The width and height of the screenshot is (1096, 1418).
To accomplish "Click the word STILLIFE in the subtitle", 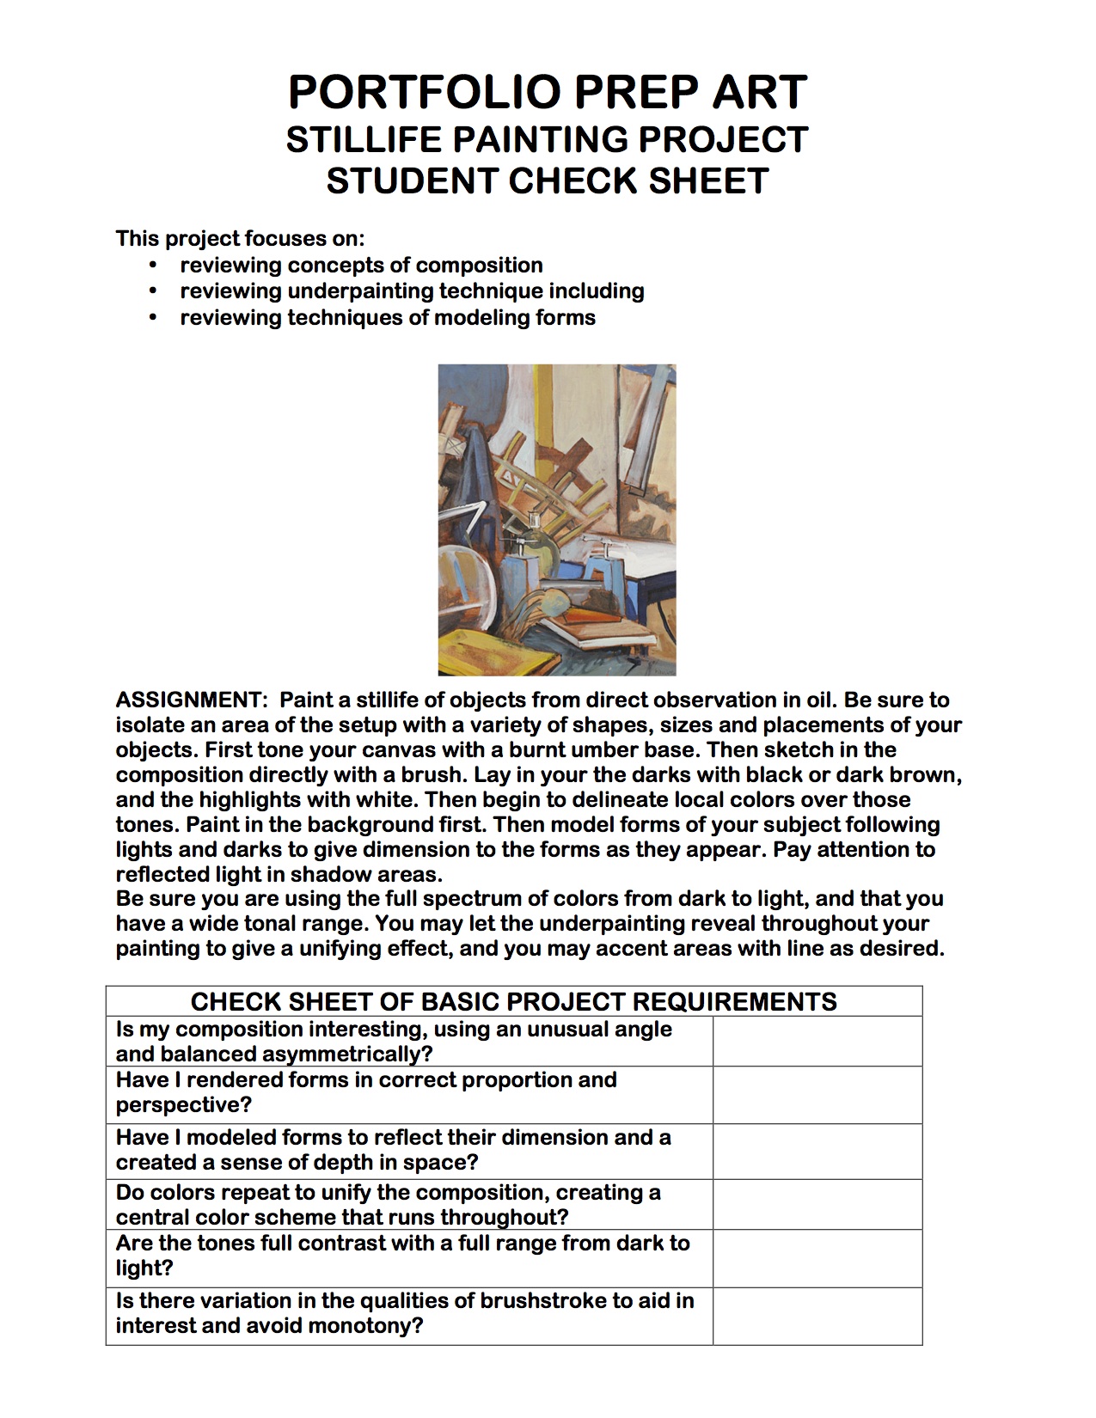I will coord(363,140).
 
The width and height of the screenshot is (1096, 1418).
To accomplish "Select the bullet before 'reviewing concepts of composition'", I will coord(154,265).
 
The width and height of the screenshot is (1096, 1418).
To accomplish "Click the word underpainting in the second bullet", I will coord(361,291).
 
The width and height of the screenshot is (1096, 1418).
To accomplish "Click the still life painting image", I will coord(556,519).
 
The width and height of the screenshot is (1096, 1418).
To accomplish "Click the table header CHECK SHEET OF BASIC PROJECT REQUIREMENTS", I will coord(513,1002).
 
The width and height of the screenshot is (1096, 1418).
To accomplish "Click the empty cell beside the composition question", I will coord(817,1042).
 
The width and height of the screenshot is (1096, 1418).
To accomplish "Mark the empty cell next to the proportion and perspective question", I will coord(817,1095).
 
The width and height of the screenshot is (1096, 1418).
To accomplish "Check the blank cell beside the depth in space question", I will coord(817,1151).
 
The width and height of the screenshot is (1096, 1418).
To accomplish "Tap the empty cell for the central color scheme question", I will coord(817,1204).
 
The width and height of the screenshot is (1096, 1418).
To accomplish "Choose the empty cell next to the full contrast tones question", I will coord(817,1258).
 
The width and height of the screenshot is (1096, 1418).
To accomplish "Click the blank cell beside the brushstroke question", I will coord(817,1315).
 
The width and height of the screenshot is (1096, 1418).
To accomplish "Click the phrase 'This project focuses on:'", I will coord(240,238).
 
